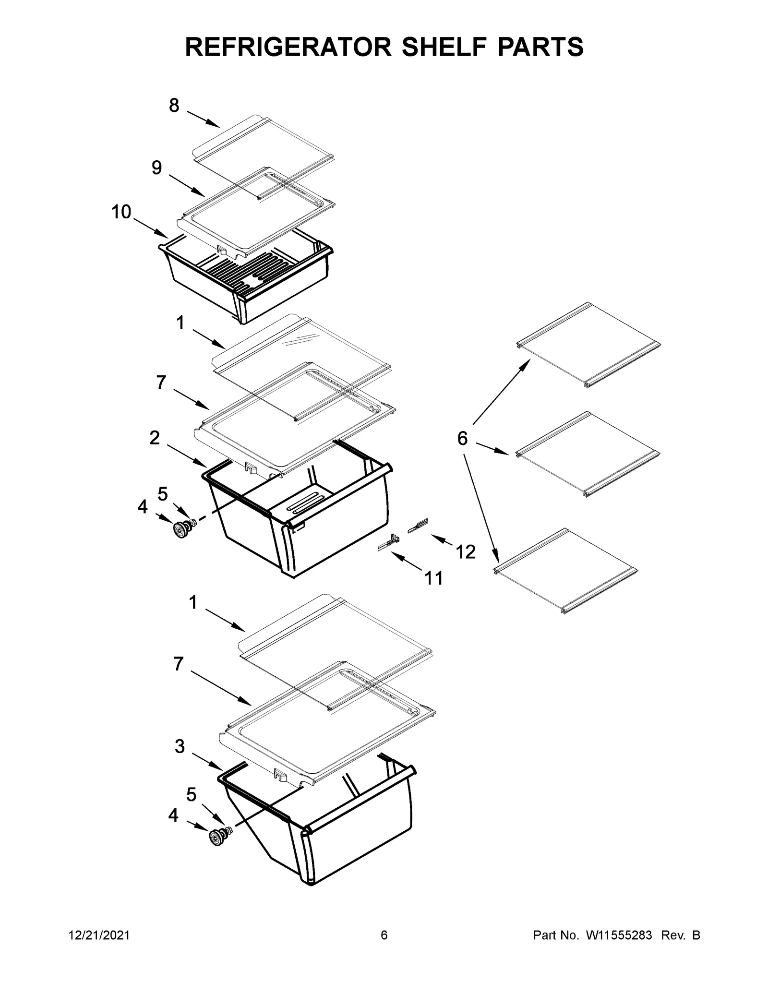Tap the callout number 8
pyautogui.click(x=174, y=105)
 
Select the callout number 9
pyautogui.click(x=156, y=168)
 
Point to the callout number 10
pyautogui.click(x=121, y=211)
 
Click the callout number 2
pyautogui.click(x=154, y=437)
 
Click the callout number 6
pyautogui.click(x=462, y=438)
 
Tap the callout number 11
pyautogui.click(x=434, y=578)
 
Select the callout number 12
pyautogui.click(x=465, y=551)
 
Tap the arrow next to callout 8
pyautogui.click(x=203, y=119)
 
